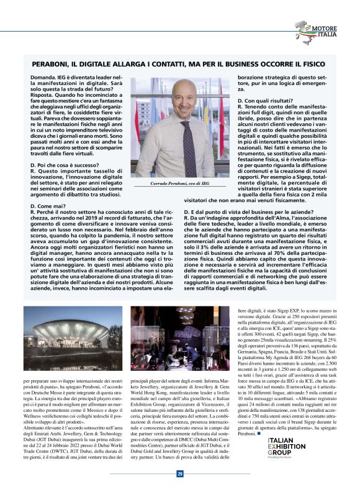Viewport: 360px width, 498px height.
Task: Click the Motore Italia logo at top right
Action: [317, 32]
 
